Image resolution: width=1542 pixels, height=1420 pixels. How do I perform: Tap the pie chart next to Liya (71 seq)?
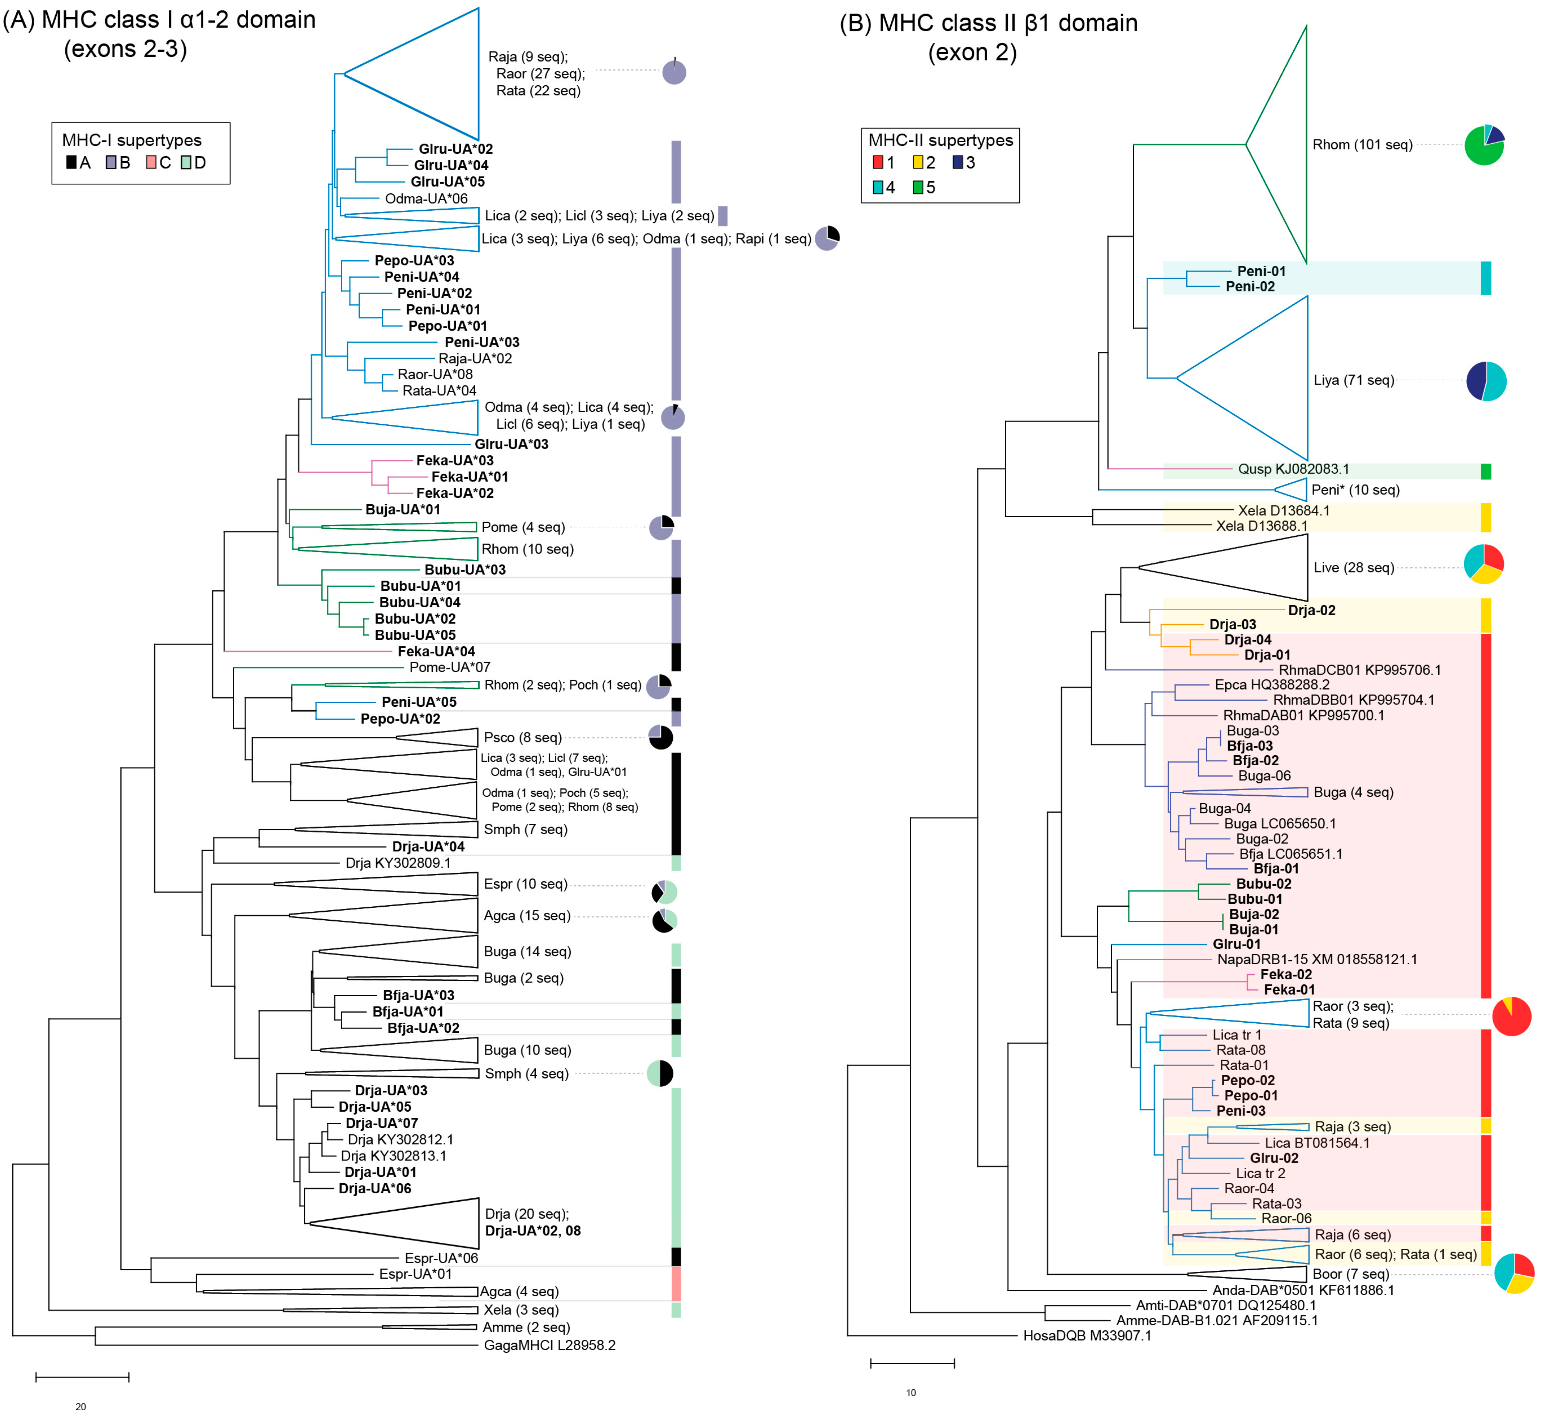tap(1486, 381)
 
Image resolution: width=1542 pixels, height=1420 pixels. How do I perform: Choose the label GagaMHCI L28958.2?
tap(549, 1345)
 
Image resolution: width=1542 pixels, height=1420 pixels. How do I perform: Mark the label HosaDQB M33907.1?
tap(1087, 1335)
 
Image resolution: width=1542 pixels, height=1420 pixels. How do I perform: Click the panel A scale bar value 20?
tap(81, 1406)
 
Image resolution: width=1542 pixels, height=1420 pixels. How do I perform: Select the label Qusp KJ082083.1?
tap(1293, 469)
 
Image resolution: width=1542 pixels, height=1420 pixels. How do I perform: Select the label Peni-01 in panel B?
tap(1261, 271)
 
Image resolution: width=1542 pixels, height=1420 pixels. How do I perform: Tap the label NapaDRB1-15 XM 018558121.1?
tap(1317, 959)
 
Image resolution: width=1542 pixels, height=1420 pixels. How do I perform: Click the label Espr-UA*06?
tap(441, 1258)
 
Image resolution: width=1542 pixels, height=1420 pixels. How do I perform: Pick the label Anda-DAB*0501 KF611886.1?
tap(1303, 1290)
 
